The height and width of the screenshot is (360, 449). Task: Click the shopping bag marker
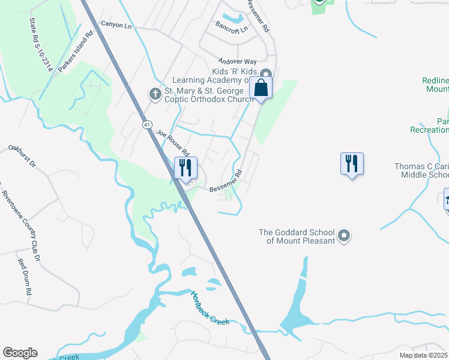pyautogui.click(x=262, y=88)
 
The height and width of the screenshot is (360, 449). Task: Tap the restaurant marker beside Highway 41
pyautogui.click(x=185, y=167)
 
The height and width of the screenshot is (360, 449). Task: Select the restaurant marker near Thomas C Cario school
pyautogui.click(x=352, y=163)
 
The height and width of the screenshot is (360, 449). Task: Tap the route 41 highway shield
pyautogui.click(x=146, y=124)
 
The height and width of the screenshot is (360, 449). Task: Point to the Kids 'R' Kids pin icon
pyautogui.click(x=266, y=73)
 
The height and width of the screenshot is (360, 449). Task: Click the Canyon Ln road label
pyautogui.click(x=116, y=25)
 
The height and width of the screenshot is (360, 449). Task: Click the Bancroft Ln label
pyautogui.click(x=232, y=29)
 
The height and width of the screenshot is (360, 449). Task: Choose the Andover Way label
pyautogui.click(x=237, y=61)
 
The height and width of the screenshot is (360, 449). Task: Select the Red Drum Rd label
pyautogui.click(x=25, y=276)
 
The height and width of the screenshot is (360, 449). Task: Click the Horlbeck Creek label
pyautogui.click(x=209, y=308)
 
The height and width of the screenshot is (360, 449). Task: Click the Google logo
pyautogui.click(x=20, y=353)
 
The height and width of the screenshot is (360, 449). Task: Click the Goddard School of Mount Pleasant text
pyautogui.click(x=297, y=236)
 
